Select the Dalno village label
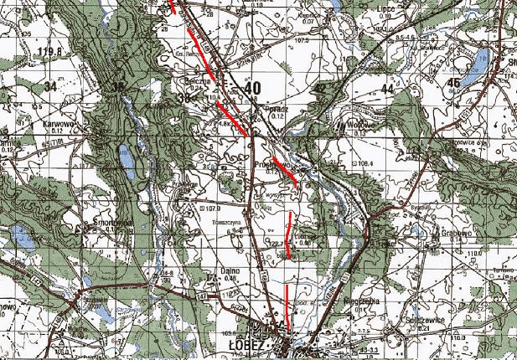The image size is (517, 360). [x=230, y=270]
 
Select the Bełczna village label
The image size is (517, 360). [x=194, y=81]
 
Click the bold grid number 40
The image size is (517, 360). [x=252, y=87]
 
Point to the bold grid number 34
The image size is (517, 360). [x=51, y=85]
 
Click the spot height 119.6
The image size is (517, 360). [x=49, y=52]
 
